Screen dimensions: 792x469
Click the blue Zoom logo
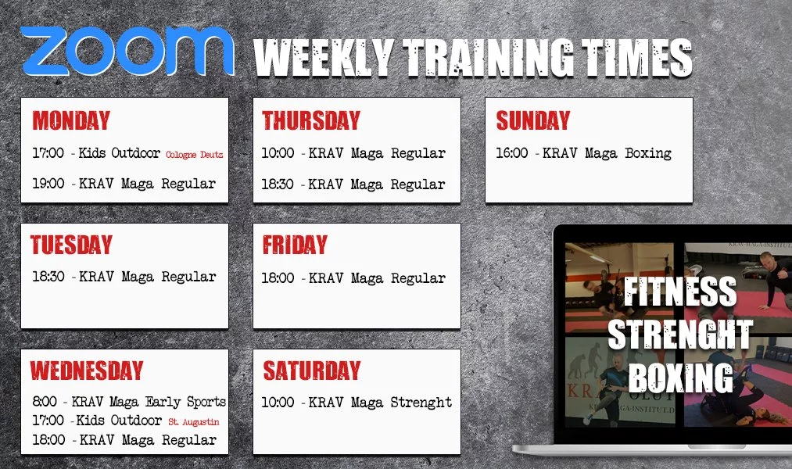[x=127, y=51]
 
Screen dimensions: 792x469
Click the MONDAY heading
[x=71, y=120]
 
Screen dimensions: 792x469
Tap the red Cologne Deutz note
[x=195, y=155]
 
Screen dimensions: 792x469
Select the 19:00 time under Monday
[x=48, y=183]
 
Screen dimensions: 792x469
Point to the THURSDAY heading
[x=311, y=120]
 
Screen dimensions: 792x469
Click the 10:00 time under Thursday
[x=278, y=153]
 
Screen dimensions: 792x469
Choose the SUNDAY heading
[x=533, y=120]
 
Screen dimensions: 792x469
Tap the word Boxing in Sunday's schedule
[x=648, y=153]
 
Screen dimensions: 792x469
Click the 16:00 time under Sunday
[x=511, y=153]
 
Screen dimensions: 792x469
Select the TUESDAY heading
[x=71, y=245]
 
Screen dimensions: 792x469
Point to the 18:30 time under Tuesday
[x=48, y=277]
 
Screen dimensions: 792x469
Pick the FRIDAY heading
[x=295, y=245]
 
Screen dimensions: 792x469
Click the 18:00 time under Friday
[x=278, y=278]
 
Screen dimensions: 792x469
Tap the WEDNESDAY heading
[x=87, y=371]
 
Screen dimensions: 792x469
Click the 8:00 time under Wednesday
[x=45, y=402]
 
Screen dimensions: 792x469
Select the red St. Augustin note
[x=194, y=422]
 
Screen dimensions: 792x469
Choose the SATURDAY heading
[x=312, y=371]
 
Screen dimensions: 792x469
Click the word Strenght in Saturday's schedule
[x=421, y=403]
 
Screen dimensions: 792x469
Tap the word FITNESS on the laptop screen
[x=680, y=292]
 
